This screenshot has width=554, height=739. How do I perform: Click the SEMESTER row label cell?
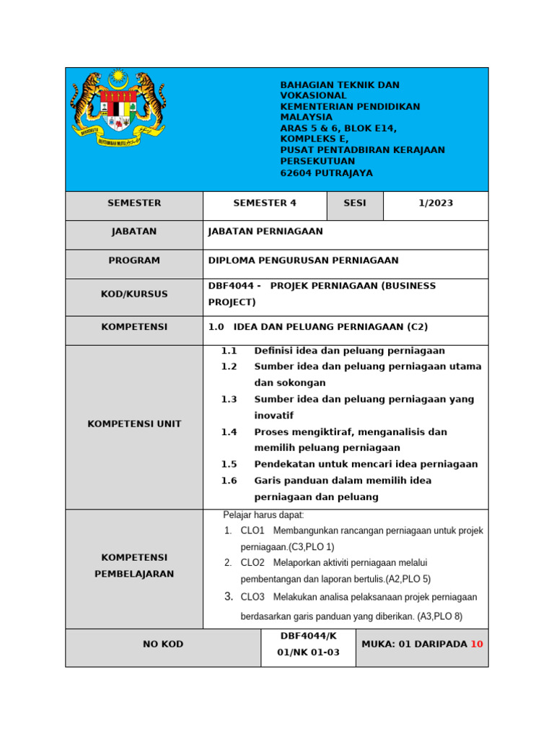(x=134, y=203)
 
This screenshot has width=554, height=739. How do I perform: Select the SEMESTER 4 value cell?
(x=265, y=203)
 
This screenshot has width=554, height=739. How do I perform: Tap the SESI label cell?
(x=354, y=203)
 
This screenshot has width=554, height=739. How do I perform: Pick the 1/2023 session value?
(x=436, y=203)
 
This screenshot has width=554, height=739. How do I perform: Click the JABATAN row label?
(x=134, y=232)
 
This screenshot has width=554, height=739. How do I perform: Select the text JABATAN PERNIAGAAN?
(x=265, y=232)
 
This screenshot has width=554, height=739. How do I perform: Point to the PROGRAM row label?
(x=134, y=261)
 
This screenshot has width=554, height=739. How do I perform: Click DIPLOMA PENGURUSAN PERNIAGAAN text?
(x=302, y=261)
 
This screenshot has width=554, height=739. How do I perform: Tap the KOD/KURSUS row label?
(x=134, y=294)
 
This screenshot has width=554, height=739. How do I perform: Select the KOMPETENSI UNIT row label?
(x=134, y=424)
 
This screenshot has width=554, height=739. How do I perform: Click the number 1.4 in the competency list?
(x=229, y=432)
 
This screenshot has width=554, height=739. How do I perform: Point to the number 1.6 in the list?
(x=229, y=481)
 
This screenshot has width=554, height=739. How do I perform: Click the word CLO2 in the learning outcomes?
(x=252, y=562)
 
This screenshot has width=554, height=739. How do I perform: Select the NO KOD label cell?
(x=163, y=644)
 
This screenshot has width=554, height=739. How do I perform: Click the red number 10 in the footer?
(x=476, y=644)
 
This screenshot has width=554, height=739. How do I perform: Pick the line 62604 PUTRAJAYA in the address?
(x=326, y=173)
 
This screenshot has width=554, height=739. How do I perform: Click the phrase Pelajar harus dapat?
(x=264, y=515)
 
